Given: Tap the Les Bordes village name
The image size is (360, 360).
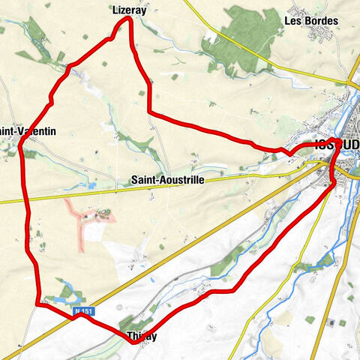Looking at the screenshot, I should coord(311,20).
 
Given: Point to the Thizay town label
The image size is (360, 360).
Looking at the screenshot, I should coord(142,336).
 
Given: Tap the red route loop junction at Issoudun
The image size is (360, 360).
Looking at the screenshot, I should coord(338,142).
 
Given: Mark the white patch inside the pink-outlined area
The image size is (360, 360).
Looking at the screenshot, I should coord(91,233).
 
